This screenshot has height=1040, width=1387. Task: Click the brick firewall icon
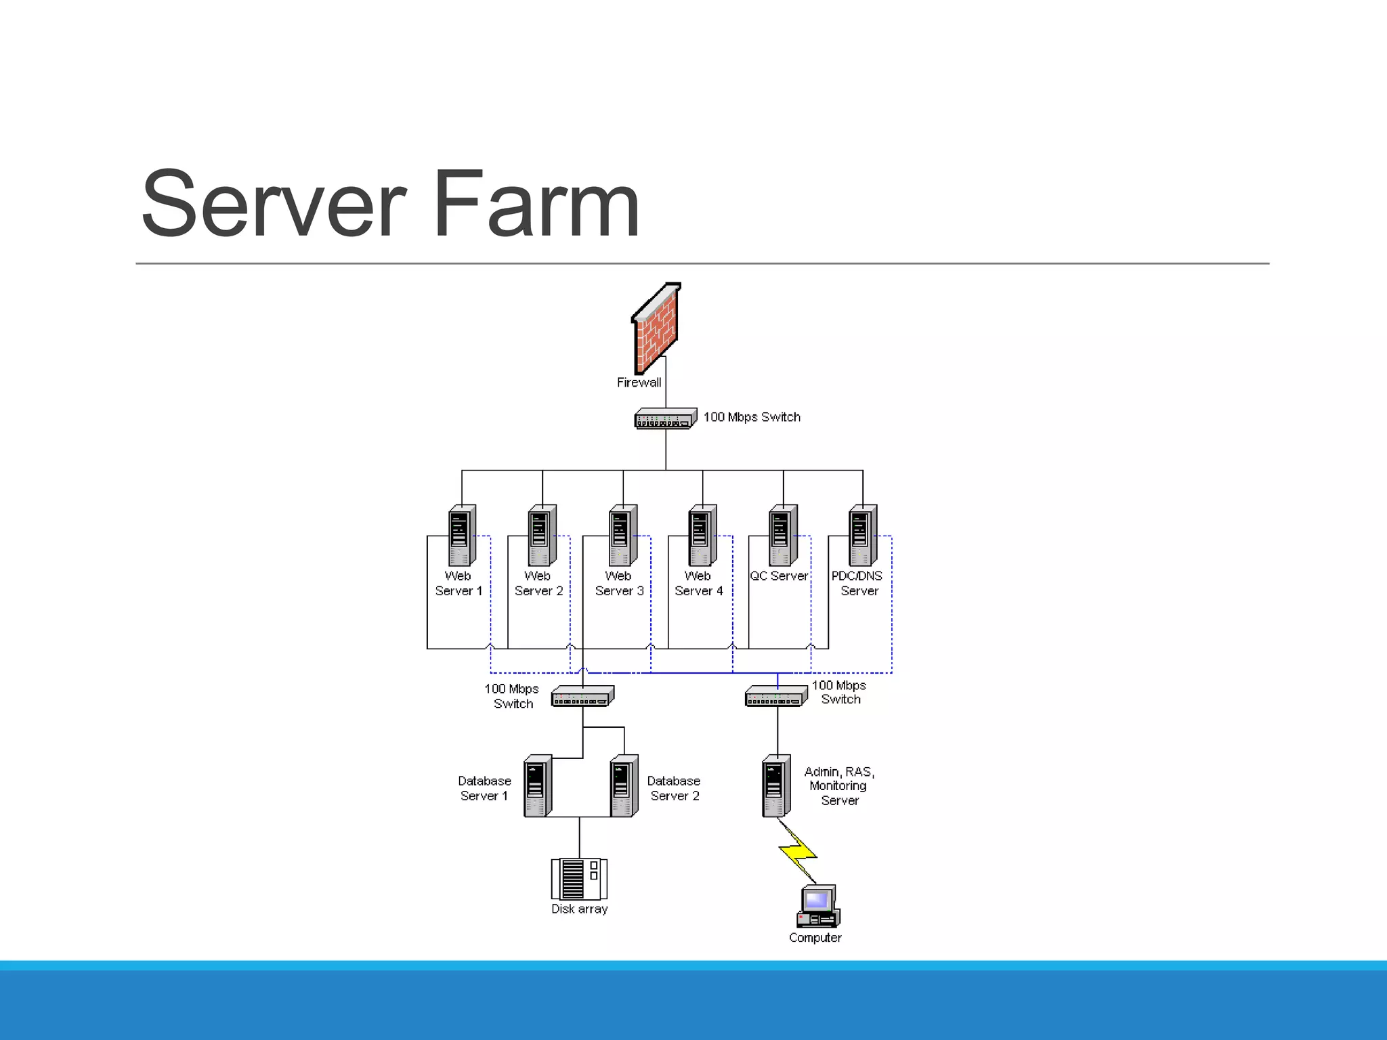click(656, 330)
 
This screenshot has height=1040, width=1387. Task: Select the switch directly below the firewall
click(665, 418)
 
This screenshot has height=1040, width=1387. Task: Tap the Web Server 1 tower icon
click(462, 535)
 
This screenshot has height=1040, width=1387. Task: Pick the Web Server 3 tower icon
click(623, 535)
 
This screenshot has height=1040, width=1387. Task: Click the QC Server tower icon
click(783, 535)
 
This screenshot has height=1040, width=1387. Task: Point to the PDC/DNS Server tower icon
click(863, 535)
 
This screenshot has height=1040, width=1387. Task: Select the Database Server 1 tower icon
click(538, 786)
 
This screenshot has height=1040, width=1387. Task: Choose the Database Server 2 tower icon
click(624, 786)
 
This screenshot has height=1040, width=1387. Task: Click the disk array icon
click(579, 879)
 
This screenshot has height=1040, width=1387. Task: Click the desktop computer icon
click(818, 906)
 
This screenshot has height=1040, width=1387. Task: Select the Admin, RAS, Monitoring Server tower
click(776, 786)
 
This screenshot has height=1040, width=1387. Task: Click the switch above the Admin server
click(776, 696)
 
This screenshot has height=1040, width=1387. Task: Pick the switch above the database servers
click(582, 696)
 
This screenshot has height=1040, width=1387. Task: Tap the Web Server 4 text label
click(698, 584)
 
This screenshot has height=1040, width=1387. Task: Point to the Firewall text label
click(639, 383)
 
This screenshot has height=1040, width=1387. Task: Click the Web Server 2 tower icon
click(542, 535)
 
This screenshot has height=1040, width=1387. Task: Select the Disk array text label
click(579, 909)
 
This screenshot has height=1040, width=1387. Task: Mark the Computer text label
click(815, 938)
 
